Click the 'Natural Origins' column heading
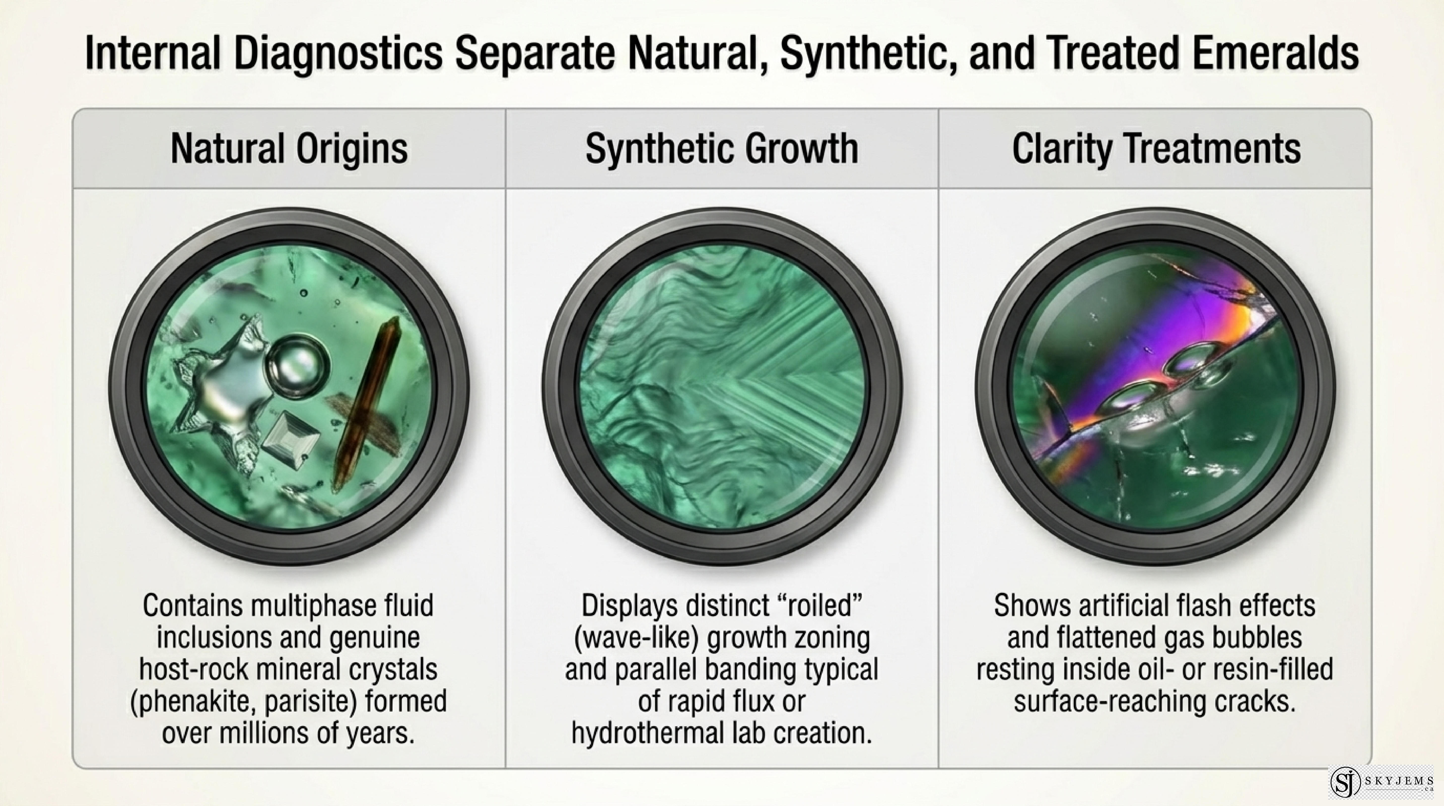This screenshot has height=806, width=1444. pos(289,149)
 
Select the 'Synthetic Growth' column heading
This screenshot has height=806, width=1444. pos(721,149)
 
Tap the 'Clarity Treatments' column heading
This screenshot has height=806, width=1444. pos(1156,149)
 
